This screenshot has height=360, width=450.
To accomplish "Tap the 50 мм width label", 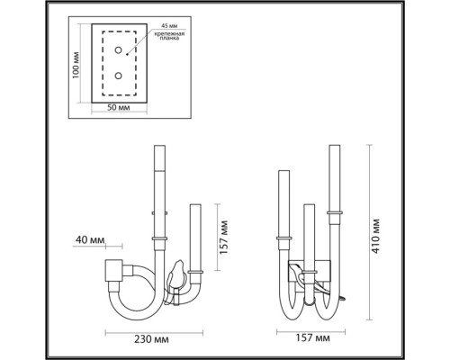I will pos(117,109).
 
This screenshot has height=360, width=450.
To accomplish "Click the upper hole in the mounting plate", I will pos(118,53).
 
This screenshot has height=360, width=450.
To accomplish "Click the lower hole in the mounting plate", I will pos(118,76).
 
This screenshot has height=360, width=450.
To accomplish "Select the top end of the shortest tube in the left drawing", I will pos(196,206).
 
